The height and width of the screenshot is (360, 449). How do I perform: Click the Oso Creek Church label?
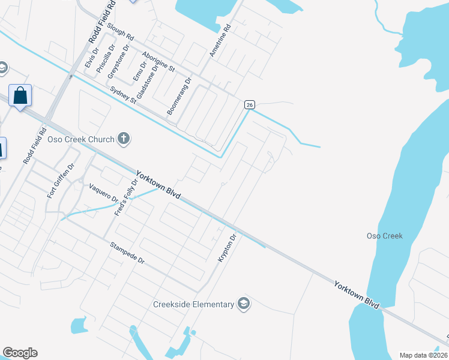83,140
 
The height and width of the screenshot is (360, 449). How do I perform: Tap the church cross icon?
124,139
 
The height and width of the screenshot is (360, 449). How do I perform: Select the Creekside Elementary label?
193,304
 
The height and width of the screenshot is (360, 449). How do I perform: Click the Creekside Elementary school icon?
244,304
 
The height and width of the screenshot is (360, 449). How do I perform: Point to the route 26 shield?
249,104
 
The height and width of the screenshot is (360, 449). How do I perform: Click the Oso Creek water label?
384,236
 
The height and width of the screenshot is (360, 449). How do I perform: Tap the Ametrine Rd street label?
220,41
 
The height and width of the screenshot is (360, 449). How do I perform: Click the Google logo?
20,352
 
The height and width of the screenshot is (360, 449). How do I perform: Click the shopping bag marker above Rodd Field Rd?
20,96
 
